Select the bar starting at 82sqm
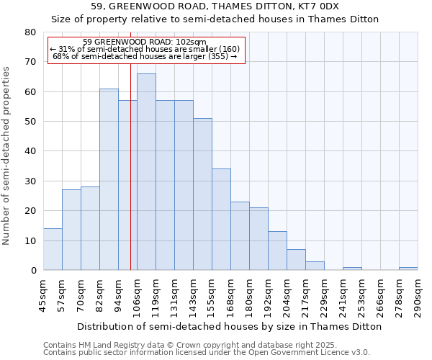tap(109, 179)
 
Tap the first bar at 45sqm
tap(53, 249)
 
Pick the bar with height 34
tap(221, 220)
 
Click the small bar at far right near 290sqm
tap(408, 269)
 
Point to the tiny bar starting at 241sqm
tap(352, 269)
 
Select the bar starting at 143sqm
tap(202, 194)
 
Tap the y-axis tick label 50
tap(30, 122)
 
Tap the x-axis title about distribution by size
tap(229, 326)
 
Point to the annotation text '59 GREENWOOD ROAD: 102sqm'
tap(145, 42)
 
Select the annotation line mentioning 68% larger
tap(145, 56)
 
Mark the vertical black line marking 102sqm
tap(130, 180)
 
